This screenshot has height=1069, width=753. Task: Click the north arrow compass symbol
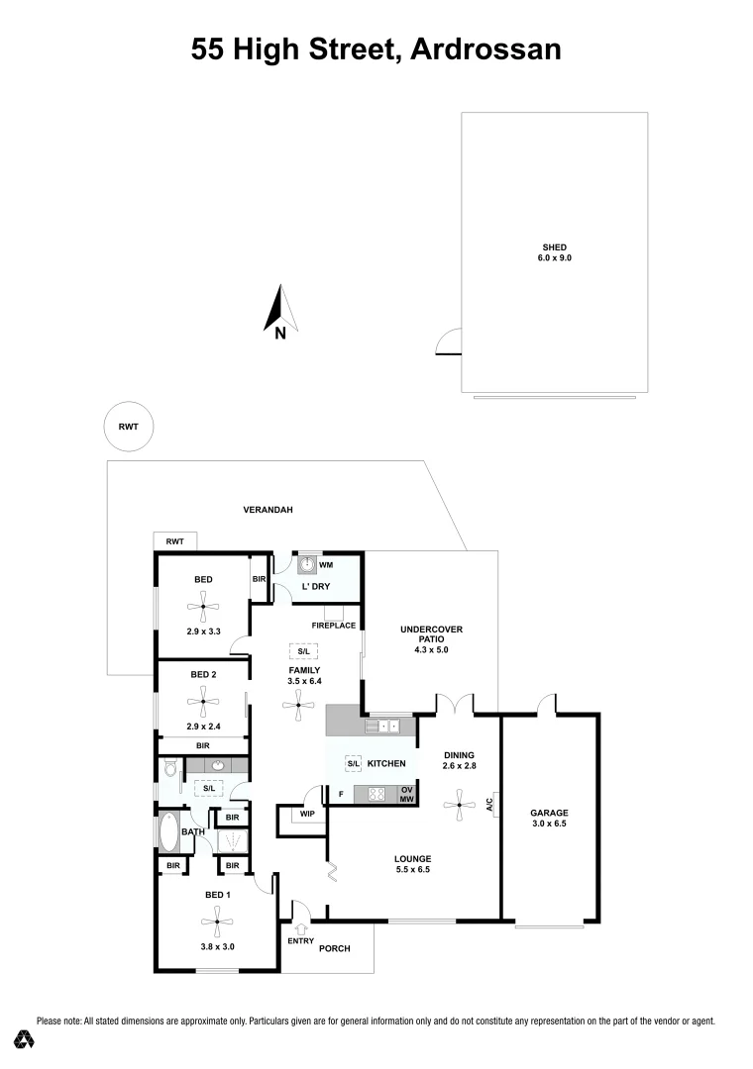click(276, 309)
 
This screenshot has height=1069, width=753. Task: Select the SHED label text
click(554, 247)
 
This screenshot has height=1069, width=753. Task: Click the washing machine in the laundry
click(307, 564)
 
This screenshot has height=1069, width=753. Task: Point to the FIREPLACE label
click(334, 626)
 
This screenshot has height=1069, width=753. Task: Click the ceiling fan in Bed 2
click(203, 702)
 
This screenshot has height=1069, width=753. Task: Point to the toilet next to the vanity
click(168, 768)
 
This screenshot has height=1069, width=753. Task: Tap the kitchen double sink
click(387, 727)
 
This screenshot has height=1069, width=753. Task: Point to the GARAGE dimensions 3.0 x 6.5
click(548, 823)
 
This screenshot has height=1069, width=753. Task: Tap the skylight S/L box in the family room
click(302, 650)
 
